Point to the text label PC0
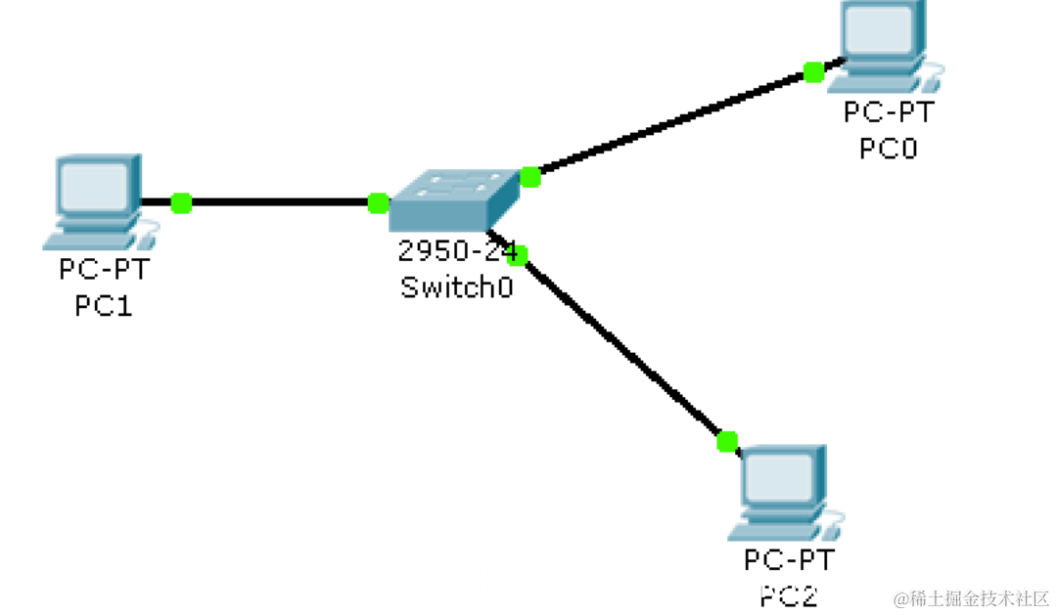tap(889, 149)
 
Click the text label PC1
tap(103, 306)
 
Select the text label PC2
tap(788, 595)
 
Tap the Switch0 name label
tap(456, 287)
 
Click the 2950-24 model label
tap(456, 252)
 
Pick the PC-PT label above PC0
tap(889, 112)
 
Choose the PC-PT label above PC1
tap(104, 269)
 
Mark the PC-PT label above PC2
tap(789, 560)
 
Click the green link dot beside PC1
tap(181, 202)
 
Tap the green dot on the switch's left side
tap(379, 202)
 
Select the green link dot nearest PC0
tap(813, 71)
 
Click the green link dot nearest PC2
tap(726, 441)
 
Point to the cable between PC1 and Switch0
tap(279, 202)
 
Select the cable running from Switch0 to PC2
tap(621, 346)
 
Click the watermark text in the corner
tap(970, 597)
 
